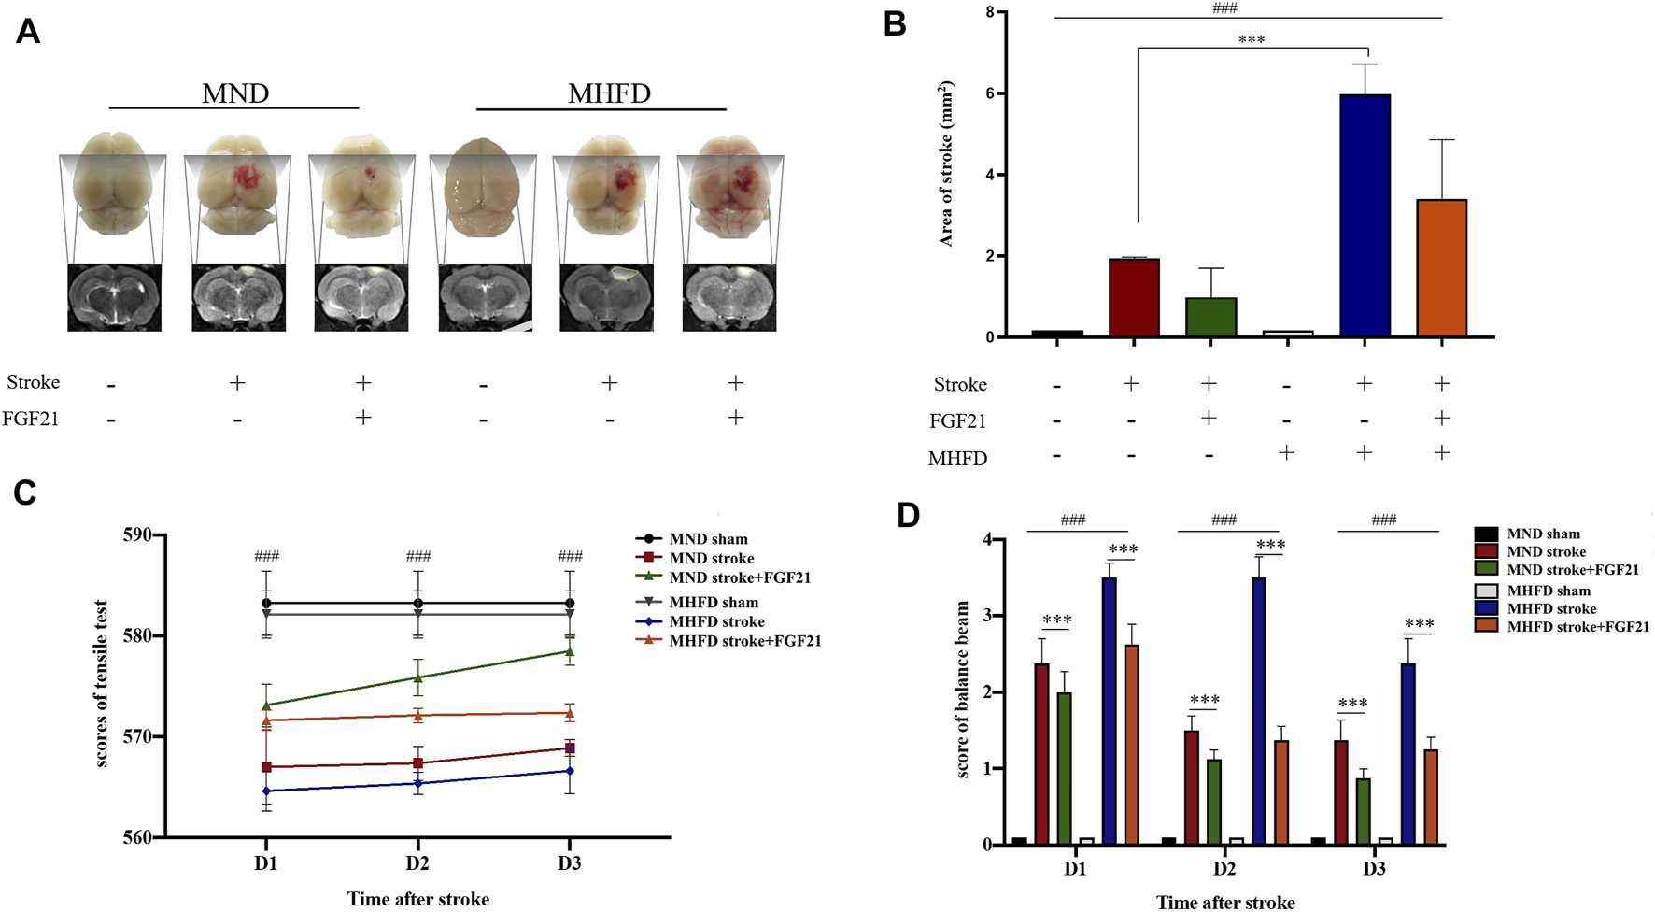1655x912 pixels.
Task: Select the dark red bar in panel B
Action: pyautogui.click(x=1134, y=298)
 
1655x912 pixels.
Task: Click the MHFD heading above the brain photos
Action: pyautogui.click(x=609, y=93)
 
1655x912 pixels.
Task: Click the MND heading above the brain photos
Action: pyautogui.click(x=235, y=93)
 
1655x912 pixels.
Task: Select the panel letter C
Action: pyautogui.click(x=25, y=492)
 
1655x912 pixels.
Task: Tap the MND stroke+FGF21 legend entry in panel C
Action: pyautogui.click(x=739, y=577)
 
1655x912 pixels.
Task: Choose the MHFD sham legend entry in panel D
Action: pyautogui.click(x=1548, y=591)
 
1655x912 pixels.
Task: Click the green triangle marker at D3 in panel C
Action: pyautogui.click(x=570, y=651)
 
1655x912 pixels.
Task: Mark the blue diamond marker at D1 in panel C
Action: pyautogui.click(x=266, y=791)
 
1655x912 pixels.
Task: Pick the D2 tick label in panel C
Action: pyautogui.click(x=417, y=863)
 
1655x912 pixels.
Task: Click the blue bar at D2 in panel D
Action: pyautogui.click(x=1259, y=710)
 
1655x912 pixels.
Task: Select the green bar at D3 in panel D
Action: pyautogui.click(x=1364, y=811)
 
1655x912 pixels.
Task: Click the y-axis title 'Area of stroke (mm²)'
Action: pyautogui.click(x=946, y=164)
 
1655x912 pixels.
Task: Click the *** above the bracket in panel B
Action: pyautogui.click(x=1251, y=40)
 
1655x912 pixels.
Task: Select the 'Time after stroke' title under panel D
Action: pyautogui.click(x=1224, y=902)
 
